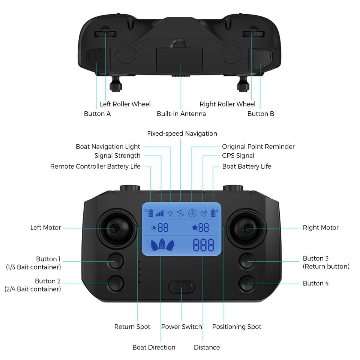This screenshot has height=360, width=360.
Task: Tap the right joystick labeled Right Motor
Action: pyautogui.click(x=247, y=228)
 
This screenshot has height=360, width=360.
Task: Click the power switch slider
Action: pyautogui.click(x=181, y=287)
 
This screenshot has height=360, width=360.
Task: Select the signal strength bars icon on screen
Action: pyautogui.click(x=160, y=213)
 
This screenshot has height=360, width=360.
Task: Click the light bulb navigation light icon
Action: pyautogui.click(x=170, y=213)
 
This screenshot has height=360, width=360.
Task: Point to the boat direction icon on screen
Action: pyautogui.click(x=161, y=245)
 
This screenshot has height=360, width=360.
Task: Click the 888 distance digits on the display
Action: pyautogui.click(x=203, y=245)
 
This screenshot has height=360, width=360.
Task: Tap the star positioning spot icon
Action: pyautogui.click(x=195, y=227)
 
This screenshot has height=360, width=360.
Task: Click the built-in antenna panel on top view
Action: pyautogui.click(x=179, y=60)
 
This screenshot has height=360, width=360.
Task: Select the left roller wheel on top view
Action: pyautogui.click(x=105, y=34)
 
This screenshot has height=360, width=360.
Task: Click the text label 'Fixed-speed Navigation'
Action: pyautogui.click(x=182, y=133)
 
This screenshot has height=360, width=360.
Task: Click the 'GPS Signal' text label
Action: pyautogui.click(x=238, y=156)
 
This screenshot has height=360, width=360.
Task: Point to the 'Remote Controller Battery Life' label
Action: pyautogui.click(x=95, y=166)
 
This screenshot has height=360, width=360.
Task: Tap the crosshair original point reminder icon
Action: pyautogui.click(x=192, y=213)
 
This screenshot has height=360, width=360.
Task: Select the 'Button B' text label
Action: pyautogui.click(x=261, y=114)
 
